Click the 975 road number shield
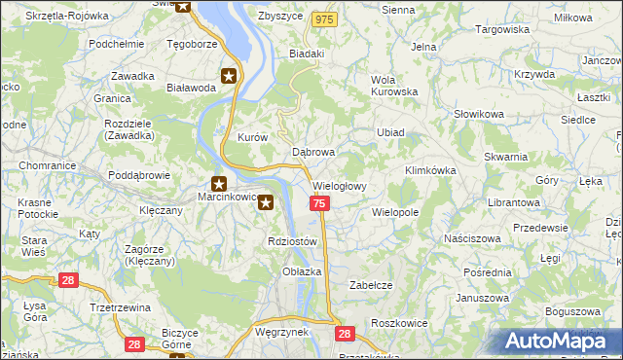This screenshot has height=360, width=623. (x=324, y=19)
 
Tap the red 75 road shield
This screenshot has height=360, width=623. (x=320, y=202)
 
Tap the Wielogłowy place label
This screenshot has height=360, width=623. (x=339, y=185)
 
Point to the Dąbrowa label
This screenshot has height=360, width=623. (x=313, y=153)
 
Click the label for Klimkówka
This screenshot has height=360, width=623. (x=430, y=170)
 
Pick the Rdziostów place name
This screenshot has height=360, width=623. (x=292, y=241)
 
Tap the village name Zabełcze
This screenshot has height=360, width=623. (x=371, y=285)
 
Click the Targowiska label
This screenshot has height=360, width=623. (x=501, y=30)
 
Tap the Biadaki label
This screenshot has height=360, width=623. (x=307, y=54)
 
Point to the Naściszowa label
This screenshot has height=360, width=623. (x=471, y=237)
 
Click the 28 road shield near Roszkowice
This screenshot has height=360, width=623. (x=345, y=333)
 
